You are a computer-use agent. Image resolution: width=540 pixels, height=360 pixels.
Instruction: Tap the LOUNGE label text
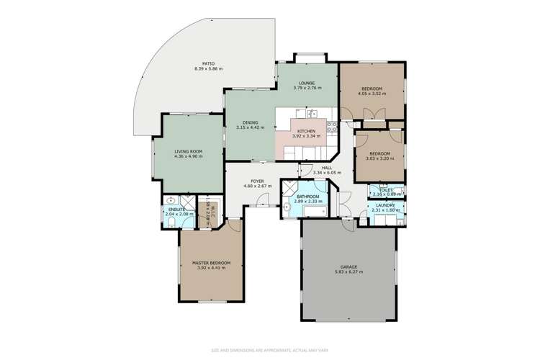[x=307, y=82]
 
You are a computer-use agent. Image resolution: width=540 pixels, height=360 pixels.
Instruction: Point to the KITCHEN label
[x=307, y=130]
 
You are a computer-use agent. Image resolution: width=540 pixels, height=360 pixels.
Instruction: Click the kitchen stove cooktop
[x=332, y=128]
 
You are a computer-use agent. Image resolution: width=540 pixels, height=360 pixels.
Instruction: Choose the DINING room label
[x=251, y=122]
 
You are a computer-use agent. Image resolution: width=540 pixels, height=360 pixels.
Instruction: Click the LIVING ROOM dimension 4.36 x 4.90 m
[x=188, y=156]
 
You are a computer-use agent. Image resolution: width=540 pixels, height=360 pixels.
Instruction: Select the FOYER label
[x=258, y=181]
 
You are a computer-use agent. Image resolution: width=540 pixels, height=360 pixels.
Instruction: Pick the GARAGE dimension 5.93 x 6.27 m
[x=348, y=272]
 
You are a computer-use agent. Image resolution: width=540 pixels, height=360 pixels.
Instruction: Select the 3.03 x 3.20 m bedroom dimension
[x=379, y=158]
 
